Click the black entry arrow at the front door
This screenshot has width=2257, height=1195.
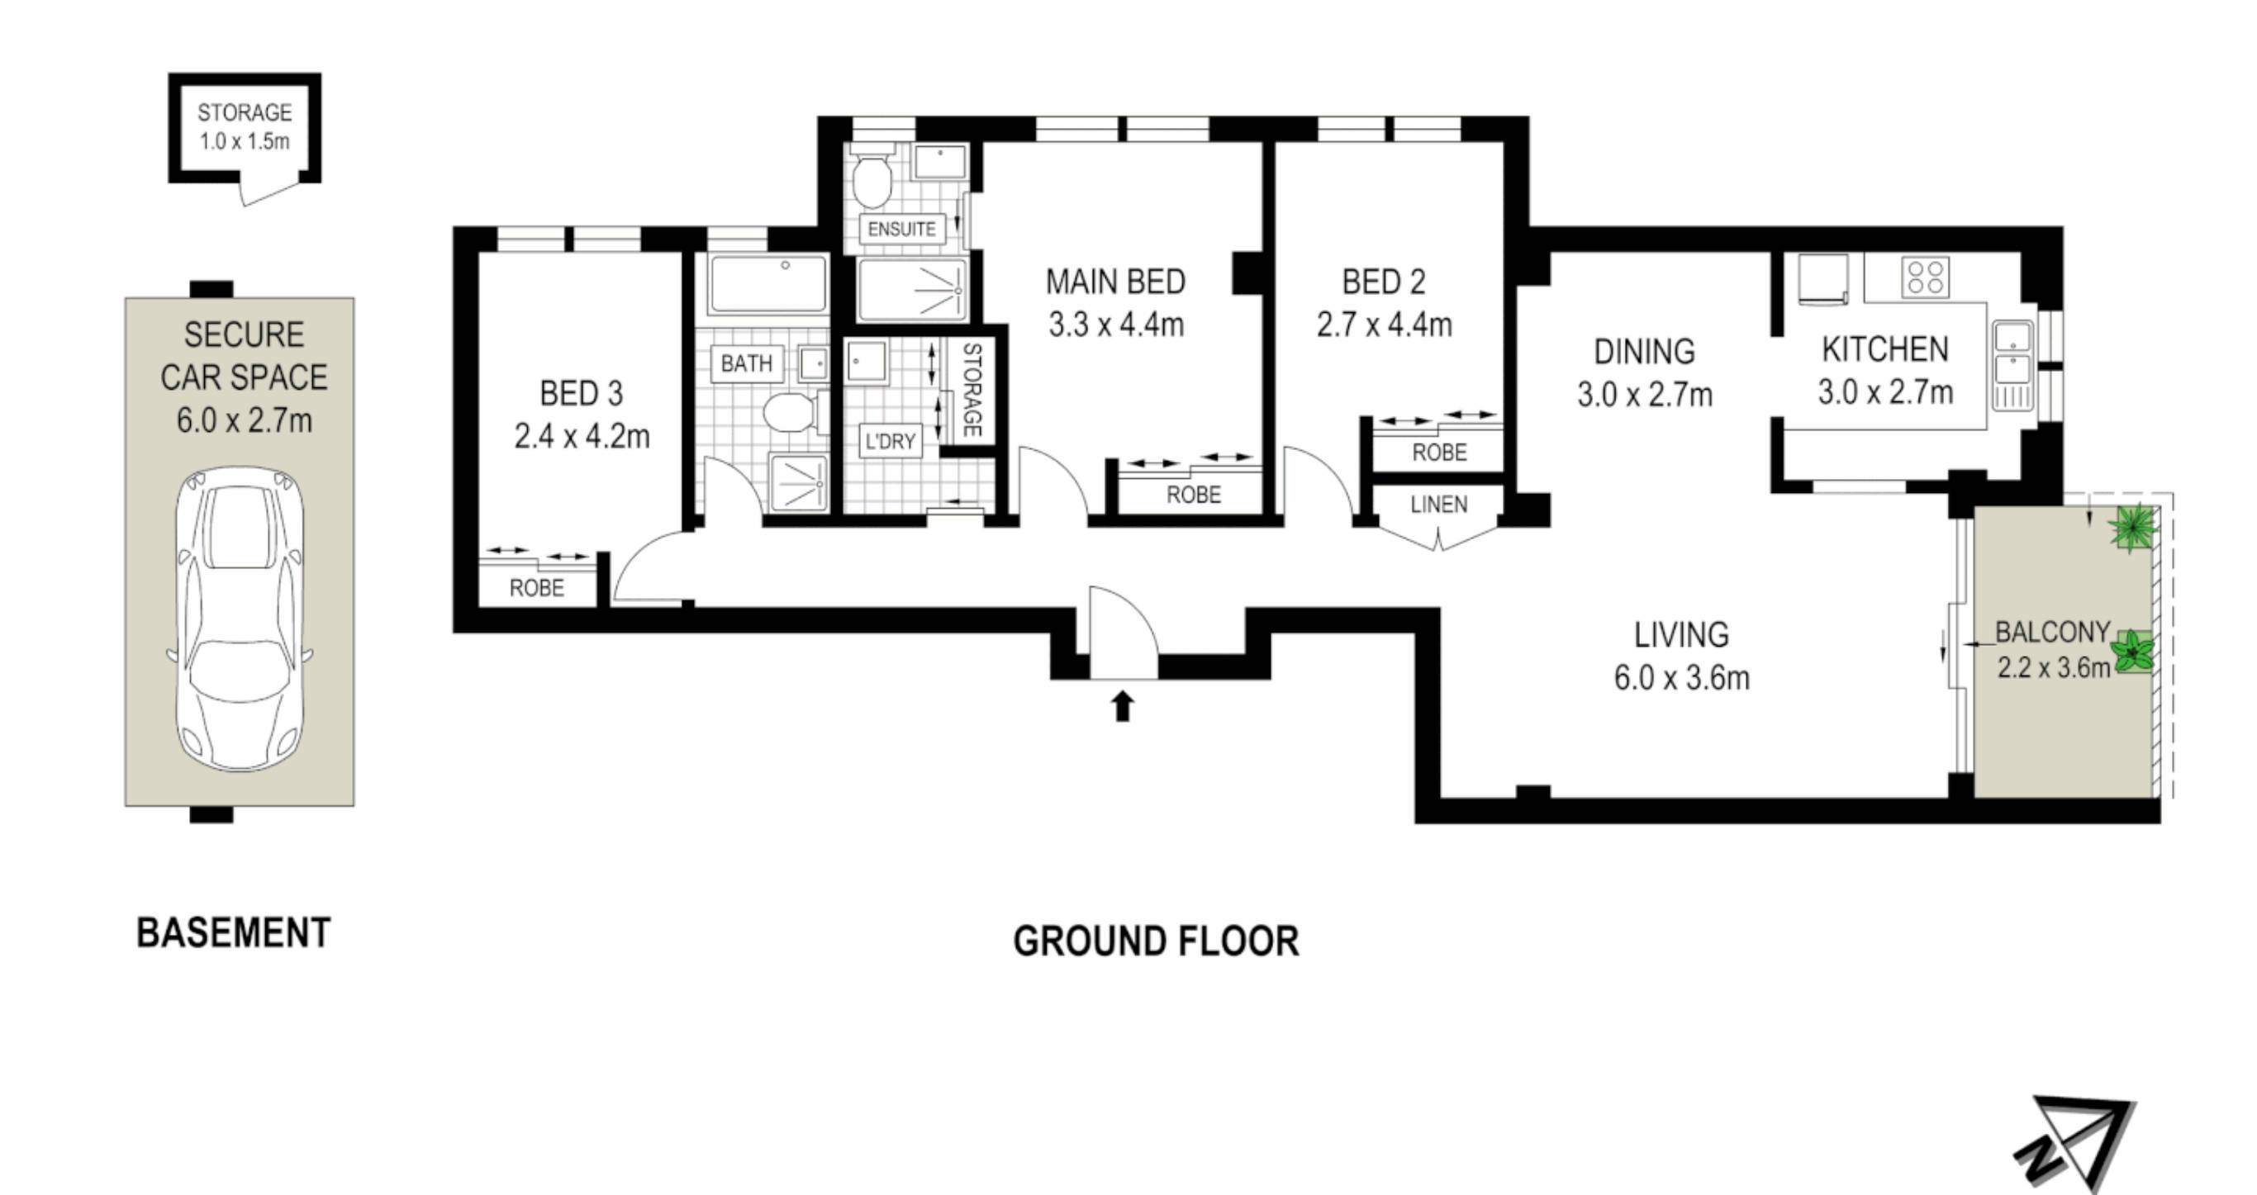[x=1123, y=706]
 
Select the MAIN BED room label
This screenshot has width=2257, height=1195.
[x=1115, y=282]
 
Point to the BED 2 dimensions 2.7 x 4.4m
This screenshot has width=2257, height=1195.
[x=1385, y=325]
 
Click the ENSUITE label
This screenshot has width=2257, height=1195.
[x=901, y=230]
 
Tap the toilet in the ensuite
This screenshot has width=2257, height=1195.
[x=872, y=178]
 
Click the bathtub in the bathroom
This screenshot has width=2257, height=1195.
[x=767, y=283]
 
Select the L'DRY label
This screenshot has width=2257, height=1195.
[x=891, y=442]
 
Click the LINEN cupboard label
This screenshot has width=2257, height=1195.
[x=1438, y=505]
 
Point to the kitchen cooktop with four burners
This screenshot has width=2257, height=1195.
[x=1926, y=277]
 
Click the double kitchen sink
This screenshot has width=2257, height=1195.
[x=2012, y=365]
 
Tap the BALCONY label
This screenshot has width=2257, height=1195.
[x=2052, y=632]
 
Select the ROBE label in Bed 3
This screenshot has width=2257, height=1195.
[x=537, y=588]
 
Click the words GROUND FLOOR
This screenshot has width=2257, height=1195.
[x=1156, y=941]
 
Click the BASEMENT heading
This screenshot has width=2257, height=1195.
[x=233, y=933]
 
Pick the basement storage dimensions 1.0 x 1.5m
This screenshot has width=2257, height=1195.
[x=245, y=141]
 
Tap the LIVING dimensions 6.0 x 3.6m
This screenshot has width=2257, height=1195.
[x=1681, y=678]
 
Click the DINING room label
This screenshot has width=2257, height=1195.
[x=1645, y=352]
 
